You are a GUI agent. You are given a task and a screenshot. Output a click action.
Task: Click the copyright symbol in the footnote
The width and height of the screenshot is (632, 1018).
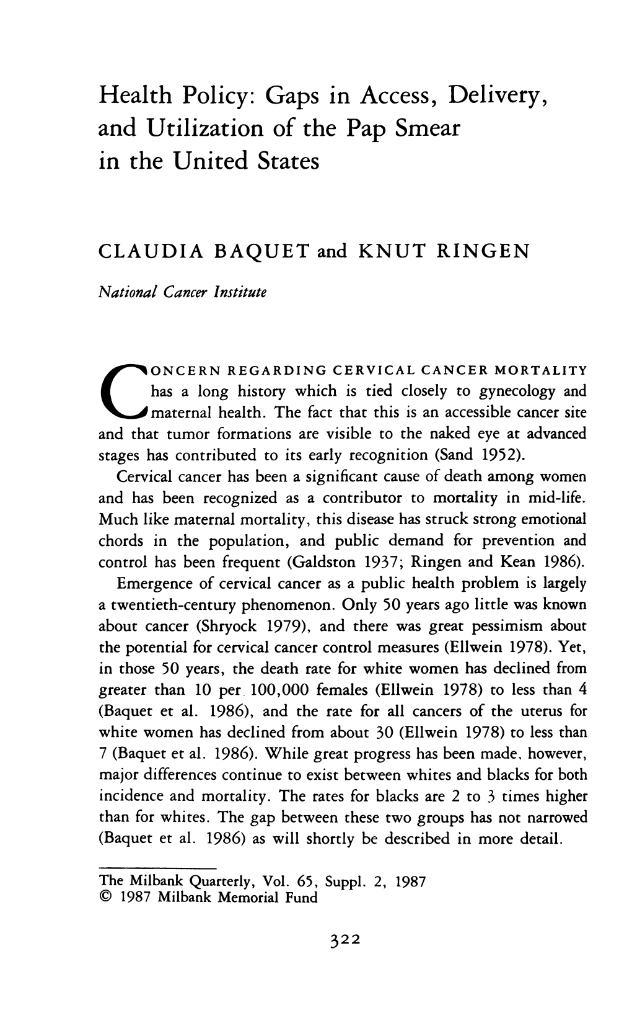click(x=105, y=898)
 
